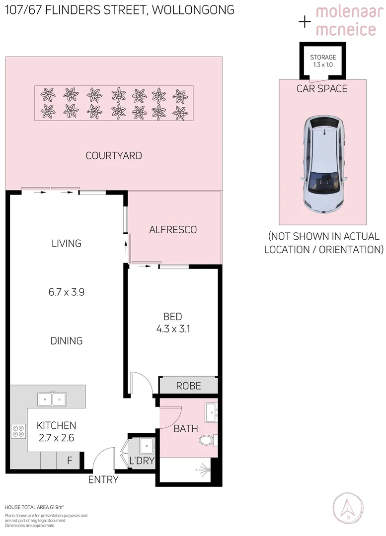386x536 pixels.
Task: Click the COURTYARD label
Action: (x=114, y=155)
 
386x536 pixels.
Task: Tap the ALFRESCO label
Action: (x=173, y=229)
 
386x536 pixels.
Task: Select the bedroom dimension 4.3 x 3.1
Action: (x=172, y=328)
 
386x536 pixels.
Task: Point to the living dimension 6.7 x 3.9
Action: (x=67, y=292)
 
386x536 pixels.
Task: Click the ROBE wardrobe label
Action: (x=189, y=386)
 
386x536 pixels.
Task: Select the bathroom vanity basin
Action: (x=211, y=411)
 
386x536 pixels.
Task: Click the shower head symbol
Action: (x=202, y=468)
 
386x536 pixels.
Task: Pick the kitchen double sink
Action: (x=52, y=399)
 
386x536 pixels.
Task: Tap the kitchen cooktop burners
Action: (x=18, y=431)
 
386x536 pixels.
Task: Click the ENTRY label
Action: (x=103, y=479)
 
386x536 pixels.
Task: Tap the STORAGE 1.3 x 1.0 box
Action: (x=323, y=61)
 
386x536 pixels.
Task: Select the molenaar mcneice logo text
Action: (x=346, y=21)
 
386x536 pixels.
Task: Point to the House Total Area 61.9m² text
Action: (x=34, y=507)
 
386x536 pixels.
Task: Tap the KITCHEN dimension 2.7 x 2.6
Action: (x=56, y=437)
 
